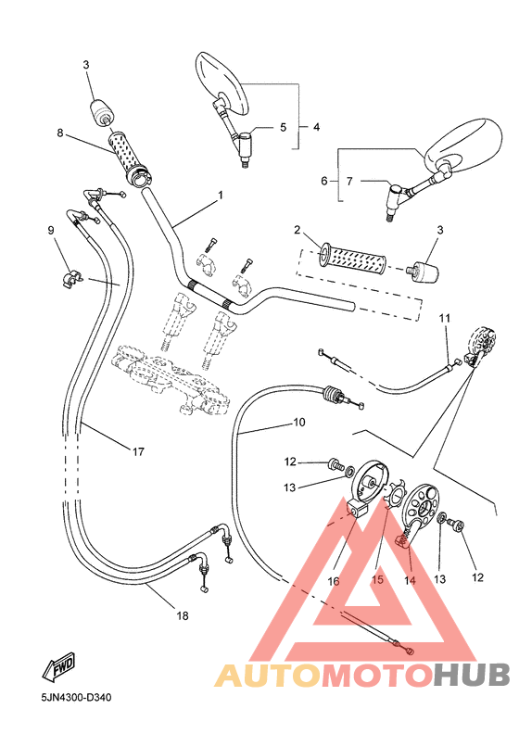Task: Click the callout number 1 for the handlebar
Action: coord(221,196)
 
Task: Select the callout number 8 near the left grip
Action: coord(60,133)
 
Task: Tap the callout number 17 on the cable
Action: coord(138,452)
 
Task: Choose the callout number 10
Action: coord(298,423)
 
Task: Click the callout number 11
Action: coord(445,319)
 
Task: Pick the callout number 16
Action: coord(333,581)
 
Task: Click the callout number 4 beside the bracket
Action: coord(316,126)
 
